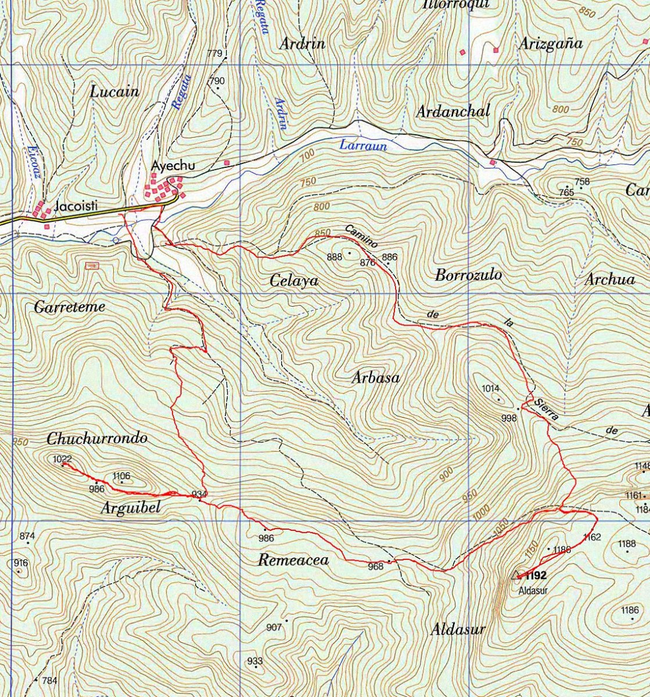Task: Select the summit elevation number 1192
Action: click(536, 576)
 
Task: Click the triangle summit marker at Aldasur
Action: click(515, 576)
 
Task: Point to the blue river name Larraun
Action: click(363, 145)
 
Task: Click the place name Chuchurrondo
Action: click(97, 438)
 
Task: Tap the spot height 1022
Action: click(62, 459)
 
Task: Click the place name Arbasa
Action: click(376, 378)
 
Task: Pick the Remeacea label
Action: click(293, 561)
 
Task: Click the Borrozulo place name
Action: click(468, 275)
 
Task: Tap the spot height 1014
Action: click(491, 389)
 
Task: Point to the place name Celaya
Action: click(295, 281)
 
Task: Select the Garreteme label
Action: click(70, 307)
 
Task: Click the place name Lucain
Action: click(115, 92)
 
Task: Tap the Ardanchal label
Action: click(453, 111)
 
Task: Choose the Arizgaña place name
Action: click(551, 44)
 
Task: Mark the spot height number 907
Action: click(274, 627)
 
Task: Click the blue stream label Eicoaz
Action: click(31, 162)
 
